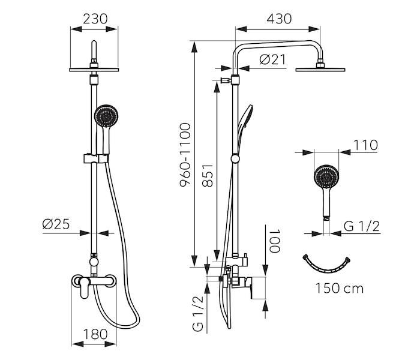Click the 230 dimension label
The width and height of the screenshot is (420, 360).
coord(95,19)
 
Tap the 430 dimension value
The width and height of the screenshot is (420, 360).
coord(279,19)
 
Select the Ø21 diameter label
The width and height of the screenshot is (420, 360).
coord(272,59)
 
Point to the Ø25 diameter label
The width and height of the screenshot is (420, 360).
coord(56,224)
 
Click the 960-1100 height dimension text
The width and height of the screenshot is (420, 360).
coord(185,155)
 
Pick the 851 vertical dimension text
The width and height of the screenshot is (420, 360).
coord(208,175)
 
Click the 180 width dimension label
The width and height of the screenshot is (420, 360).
coord(95,334)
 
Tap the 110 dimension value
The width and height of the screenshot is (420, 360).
coord(365,145)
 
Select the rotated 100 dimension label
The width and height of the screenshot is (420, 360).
coord(275,241)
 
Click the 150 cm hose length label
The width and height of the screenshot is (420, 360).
coord(340,289)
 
